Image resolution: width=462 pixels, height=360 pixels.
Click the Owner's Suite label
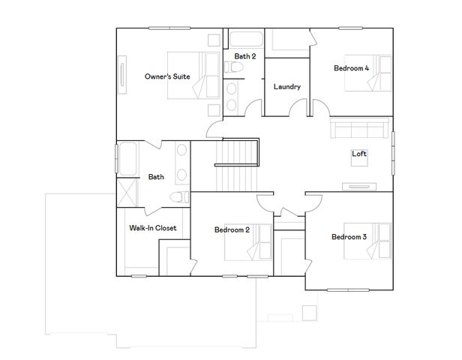point(166,76)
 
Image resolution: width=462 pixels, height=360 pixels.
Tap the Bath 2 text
point(245,56)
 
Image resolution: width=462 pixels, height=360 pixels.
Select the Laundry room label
point(287,87)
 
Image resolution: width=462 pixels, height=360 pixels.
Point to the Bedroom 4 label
point(351,68)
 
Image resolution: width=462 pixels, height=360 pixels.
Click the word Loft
point(359,154)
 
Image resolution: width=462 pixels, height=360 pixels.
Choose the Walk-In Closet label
point(152,228)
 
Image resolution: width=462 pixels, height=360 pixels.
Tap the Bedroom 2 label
point(232,229)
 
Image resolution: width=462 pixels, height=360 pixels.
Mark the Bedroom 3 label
point(349,237)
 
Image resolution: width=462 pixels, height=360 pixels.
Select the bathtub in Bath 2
point(244,39)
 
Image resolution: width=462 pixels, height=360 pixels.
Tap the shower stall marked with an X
point(125,190)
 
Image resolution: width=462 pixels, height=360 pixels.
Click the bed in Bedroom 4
point(368,73)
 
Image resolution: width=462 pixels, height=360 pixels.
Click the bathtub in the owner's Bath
point(125,157)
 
